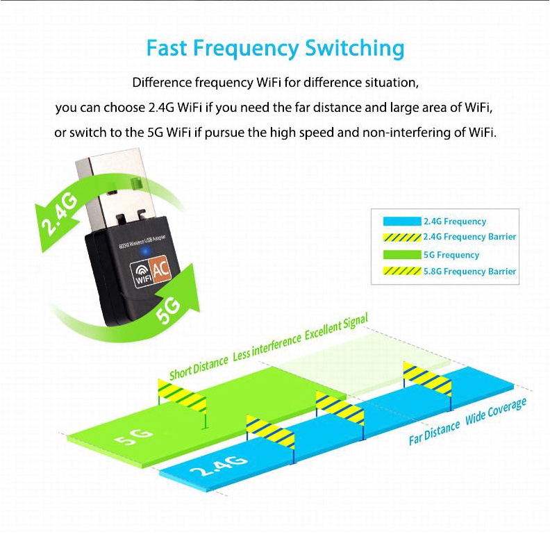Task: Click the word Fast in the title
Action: [x=167, y=49]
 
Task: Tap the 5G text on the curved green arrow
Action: [x=174, y=307]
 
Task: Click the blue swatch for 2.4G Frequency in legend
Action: [x=402, y=222]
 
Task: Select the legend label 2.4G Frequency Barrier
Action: [x=470, y=237]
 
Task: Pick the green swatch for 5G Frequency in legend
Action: [x=402, y=255]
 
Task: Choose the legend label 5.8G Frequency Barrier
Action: [x=470, y=272]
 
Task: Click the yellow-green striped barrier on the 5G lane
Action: [x=182, y=395]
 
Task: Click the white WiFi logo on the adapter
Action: [x=142, y=274]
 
